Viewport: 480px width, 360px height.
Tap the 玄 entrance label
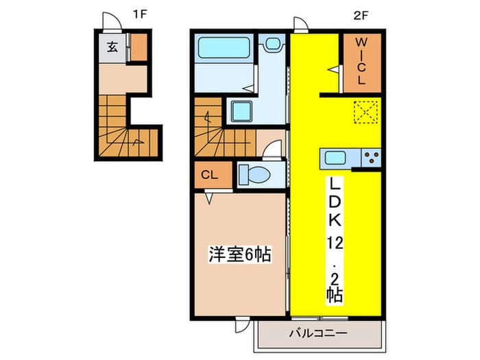(112, 48)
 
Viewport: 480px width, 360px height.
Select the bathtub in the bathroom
(225, 49)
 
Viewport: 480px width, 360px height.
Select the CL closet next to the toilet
(210, 176)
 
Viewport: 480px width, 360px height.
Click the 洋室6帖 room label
(239, 255)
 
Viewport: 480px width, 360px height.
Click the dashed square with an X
(365, 112)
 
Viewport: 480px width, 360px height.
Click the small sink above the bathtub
(273, 45)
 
